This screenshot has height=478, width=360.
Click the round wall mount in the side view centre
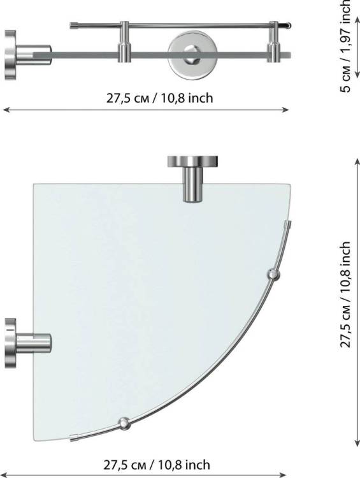[x=192, y=54]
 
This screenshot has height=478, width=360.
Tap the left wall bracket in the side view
[x=27, y=55]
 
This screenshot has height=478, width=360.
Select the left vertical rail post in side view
[x=124, y=42]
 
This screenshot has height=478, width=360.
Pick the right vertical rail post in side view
[x=273, y=42]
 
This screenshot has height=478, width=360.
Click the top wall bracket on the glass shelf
[x=192, y=178]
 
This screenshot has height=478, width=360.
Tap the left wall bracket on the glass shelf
[x=28, y=343]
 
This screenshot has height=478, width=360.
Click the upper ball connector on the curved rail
[x=273, y=275]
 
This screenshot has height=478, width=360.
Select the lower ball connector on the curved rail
[x=124, y=423]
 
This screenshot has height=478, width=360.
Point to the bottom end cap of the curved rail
[x=75, y=438]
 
